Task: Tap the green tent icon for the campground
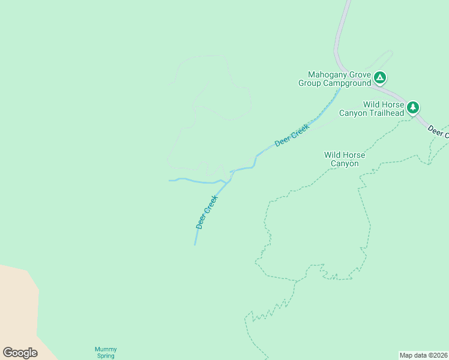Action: (x=380, y=77)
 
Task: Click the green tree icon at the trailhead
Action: (x=413, y=107)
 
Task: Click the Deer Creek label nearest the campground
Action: (x=292, y=136)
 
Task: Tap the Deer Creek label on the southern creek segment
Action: (x=206, y=212)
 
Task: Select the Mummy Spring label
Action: (x=106, y=352)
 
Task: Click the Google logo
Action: (x=20, y=353)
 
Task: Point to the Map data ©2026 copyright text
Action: (x=423, y=355)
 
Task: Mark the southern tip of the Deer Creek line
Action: (x=194, y=244)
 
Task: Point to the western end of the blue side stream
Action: (x=170, y=180)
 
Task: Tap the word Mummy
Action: (x=106, y=349)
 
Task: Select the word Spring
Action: (x=106, y=356)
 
